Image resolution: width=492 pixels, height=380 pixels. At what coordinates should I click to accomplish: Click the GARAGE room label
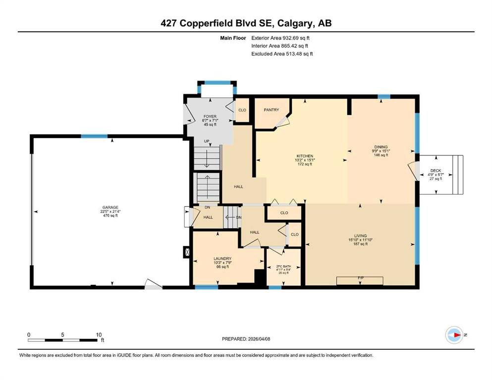pyautogui.click(x=110, y=207)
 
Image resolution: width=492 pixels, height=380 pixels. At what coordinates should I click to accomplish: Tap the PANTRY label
pyautogui.click(x=272, y=110)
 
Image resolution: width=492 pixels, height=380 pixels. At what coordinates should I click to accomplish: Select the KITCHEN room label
pyautogui.click(x=305, y=156)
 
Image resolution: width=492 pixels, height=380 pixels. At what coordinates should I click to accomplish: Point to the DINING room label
pyautogui.click(x=381, y=147)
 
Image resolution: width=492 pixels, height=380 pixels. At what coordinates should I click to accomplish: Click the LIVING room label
pyautogui.click(x=360, y=236)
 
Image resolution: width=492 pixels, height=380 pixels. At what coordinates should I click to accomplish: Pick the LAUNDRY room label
pyautogui.click(x=222, y=259)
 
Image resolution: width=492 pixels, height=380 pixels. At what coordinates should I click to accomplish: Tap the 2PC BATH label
pyautogui.click(x=283, y=267)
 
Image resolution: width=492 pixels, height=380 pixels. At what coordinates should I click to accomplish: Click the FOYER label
pyautogui.click(x=210, y=117)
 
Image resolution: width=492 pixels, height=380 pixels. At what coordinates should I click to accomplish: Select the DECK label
pyautogui.click(x=436, y=171)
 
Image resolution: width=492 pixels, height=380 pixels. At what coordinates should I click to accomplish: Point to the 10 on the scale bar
pyautogui.click(x=99, y=335)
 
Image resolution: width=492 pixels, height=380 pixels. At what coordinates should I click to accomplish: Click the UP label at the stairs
pyautogui.click(x=207, y=142)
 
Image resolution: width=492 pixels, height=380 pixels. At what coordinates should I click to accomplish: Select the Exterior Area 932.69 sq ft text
pyautogui.click(x=280, y=38)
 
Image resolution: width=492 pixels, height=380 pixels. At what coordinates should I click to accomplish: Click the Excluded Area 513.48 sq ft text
pyautogui.click(x=282, y=53)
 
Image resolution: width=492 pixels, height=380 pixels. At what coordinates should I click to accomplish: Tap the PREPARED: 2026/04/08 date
pyautogui.click(x=246, y=339)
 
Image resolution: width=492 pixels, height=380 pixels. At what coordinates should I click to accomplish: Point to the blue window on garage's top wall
pyautogui.click(x=94, y=136)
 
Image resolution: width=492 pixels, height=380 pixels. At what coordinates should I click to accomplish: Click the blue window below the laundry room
pyautogui.click(x=207, y=287)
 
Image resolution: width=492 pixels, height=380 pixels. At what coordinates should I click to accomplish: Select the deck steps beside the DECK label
pyautogui.click(x=458, y=175)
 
